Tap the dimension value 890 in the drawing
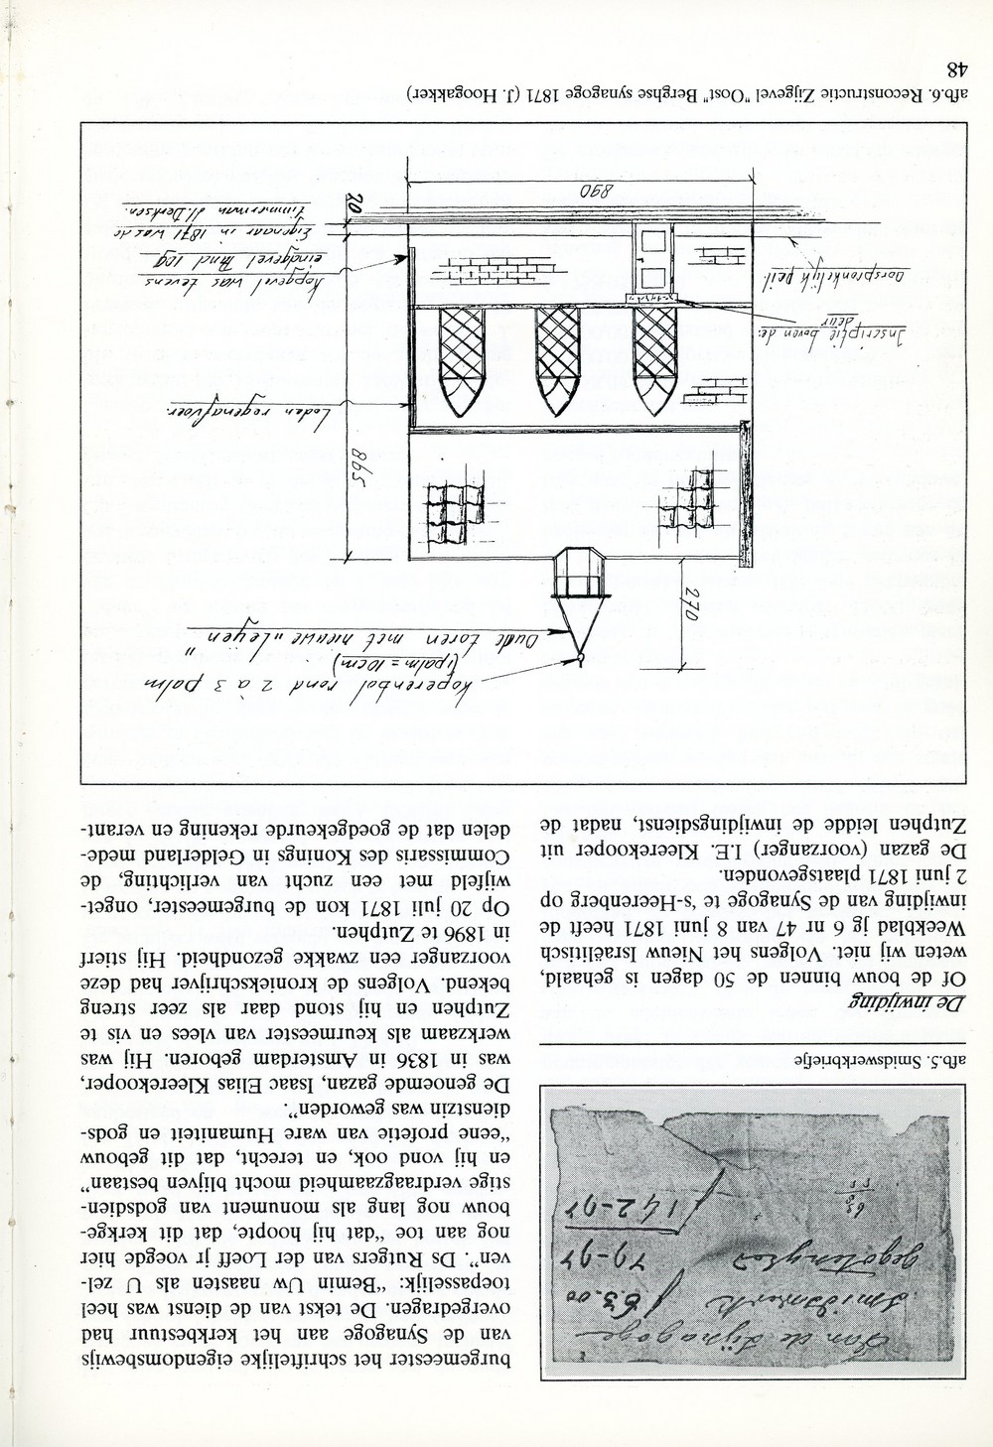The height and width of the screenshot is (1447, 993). (x=575, y=191)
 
